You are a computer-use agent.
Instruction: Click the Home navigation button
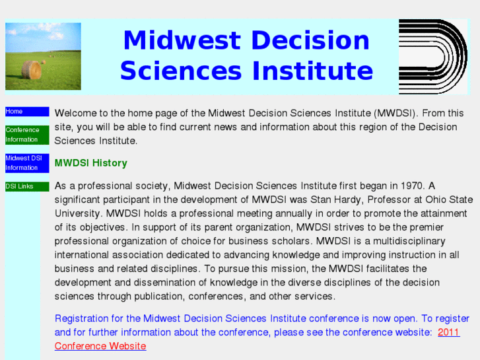[26, 112]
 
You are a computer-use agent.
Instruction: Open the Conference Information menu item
[26, 135]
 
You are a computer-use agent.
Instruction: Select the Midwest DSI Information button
[26, 163]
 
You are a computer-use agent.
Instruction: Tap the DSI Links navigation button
[26, 186]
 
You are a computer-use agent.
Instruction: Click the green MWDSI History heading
[90, 163]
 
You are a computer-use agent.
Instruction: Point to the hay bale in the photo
[31, 69]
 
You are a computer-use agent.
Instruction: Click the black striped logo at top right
[432, 56]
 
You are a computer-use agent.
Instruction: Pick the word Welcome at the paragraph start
[75, 113]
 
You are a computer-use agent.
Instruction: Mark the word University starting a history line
[77, 213]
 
